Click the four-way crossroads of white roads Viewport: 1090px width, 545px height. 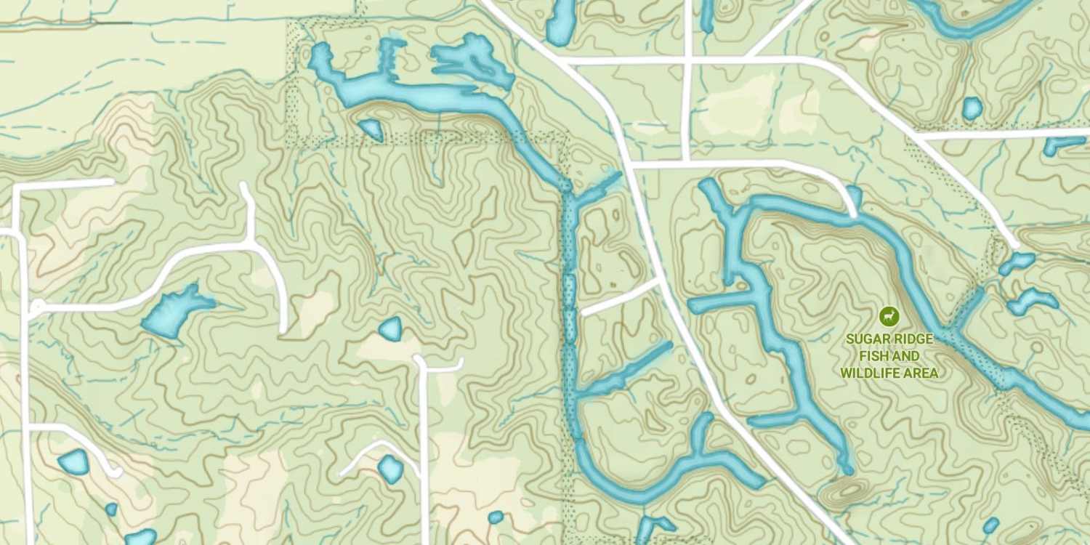(x=687, y=60)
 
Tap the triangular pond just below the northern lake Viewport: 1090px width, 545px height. (x=371, y=129)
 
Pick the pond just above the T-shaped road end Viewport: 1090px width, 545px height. (x=391, y=328)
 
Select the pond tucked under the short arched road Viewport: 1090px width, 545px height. (x=391, y=469)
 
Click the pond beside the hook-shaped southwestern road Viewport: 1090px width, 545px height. (x=73, y=461)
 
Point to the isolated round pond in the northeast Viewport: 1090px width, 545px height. (x=972, y=108)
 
